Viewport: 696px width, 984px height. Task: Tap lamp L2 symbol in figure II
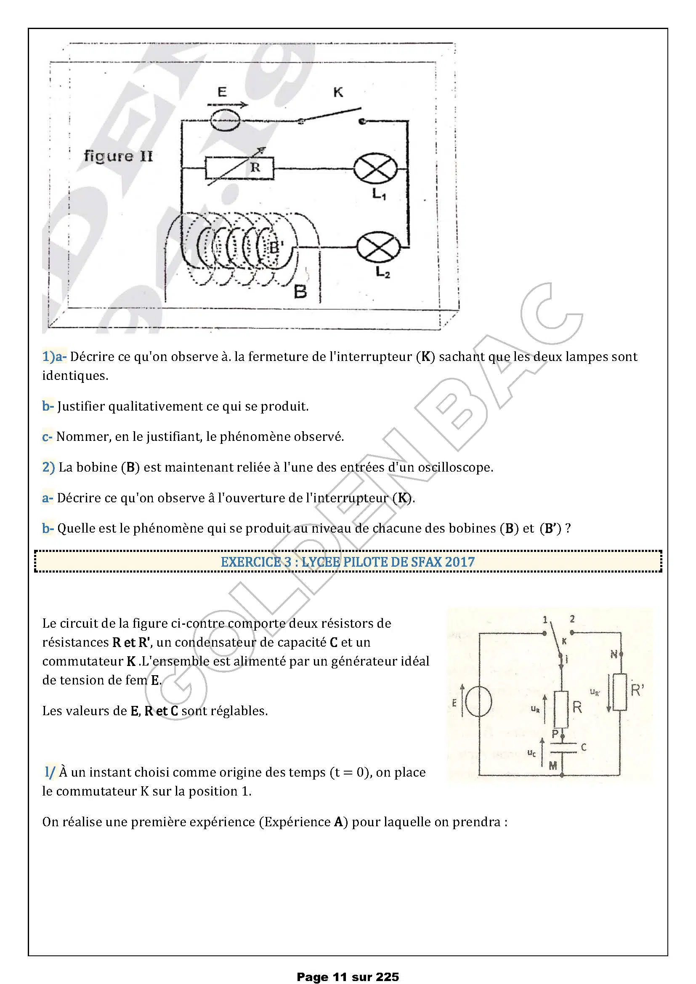coord(379,248)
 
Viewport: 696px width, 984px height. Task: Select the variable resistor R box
coord(239,168)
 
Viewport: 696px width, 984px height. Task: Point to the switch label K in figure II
coord(338,92)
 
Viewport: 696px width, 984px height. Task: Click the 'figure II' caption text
coord(118,156)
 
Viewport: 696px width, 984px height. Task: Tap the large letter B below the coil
coord(300,292)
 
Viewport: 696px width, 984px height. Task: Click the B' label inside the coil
coord(275,247)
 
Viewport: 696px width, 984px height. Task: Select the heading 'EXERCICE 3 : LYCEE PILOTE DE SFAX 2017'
coord(348,562)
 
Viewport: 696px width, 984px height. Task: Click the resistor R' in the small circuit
coord(620,692)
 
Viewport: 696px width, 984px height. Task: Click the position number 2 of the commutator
coord(572,619)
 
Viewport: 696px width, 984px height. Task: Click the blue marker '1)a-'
coord(54,357)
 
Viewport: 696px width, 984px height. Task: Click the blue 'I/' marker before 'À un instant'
coord(50,772)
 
